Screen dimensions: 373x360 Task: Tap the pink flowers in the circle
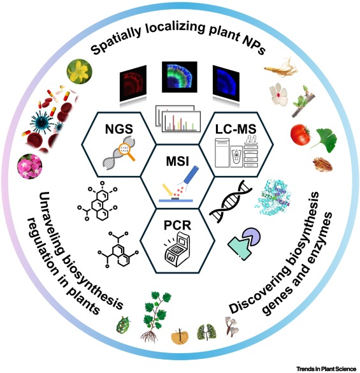click(x=31, y=167)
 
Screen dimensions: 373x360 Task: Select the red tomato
click(x=301, y=135)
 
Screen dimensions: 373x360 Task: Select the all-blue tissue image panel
click(x=227, y=80)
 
